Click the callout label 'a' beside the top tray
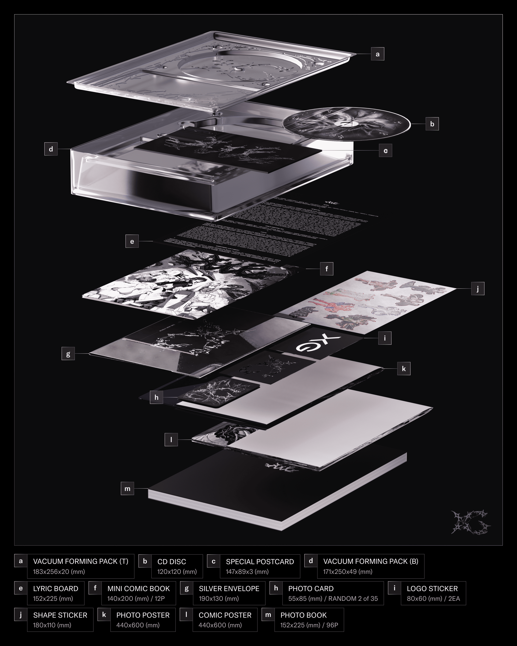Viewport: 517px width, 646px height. (377, 54)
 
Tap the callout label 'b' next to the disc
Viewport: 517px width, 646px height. (432, 124)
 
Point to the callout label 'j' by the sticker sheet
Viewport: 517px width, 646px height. (478, 289)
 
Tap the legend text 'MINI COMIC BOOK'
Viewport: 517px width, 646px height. (138, 588)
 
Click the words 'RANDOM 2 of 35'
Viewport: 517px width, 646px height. (353, 599)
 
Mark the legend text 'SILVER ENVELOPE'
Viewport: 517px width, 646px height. (229, 588)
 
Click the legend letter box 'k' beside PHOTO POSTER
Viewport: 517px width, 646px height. (104, 615)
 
